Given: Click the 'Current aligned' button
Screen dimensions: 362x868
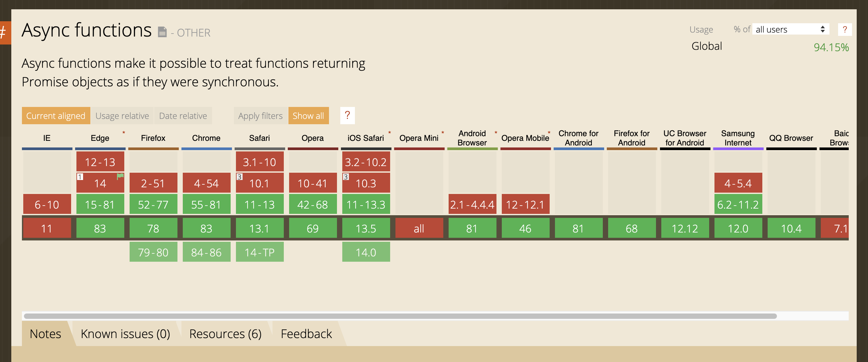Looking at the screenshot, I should coord(55,116).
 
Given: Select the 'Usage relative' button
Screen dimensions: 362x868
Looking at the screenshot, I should coord(122,116).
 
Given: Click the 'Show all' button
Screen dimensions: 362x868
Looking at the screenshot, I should coord(308,116).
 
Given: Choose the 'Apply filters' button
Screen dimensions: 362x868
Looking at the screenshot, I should coord(260,116).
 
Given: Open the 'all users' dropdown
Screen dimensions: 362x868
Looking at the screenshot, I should coord(790,30).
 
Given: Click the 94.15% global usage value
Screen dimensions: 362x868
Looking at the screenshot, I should coord(831,47).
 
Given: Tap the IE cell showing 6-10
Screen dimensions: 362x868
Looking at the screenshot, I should coord(47,204).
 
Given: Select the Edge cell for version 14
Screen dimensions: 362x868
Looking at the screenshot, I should coord(100,183).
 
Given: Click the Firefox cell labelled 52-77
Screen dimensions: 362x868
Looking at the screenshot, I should coord(153,204).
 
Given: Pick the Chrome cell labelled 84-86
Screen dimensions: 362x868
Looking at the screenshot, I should coord(206,252).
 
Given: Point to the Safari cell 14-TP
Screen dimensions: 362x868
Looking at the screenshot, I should coord(260,252).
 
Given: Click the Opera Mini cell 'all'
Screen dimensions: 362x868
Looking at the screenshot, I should coord(419,228).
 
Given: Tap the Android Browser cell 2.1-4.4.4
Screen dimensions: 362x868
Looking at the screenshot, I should coord(472,204).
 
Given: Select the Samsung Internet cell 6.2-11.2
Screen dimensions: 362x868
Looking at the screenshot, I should coord(738,204).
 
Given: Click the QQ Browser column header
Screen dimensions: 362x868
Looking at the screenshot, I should coord(791,138).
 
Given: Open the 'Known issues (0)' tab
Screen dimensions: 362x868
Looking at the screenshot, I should coord(125,334).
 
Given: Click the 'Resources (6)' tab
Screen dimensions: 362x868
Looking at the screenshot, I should coord(225,334).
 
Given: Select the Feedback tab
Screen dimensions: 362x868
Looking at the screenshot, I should coord(306,334).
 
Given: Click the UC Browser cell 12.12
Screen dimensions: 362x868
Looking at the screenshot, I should coord(685,228).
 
